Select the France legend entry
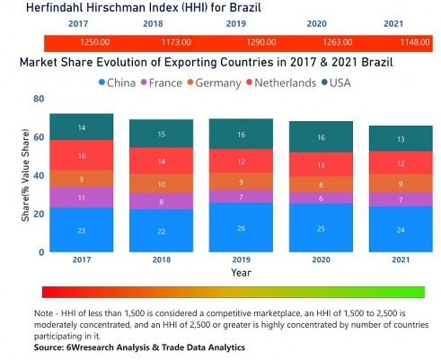180,83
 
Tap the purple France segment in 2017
81,198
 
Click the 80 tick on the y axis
39,100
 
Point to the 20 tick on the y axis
39,214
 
